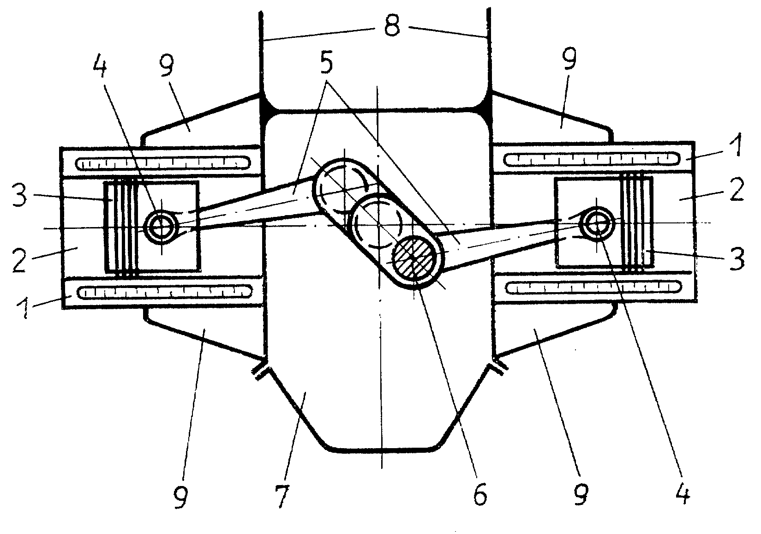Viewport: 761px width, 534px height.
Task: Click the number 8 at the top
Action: point(392,26)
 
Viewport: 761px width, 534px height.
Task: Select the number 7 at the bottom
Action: point(282,497)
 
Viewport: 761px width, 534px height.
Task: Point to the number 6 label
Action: point(479,497)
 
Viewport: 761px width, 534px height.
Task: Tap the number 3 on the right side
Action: point(737,259)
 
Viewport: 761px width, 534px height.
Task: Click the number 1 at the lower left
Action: point(24,307)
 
